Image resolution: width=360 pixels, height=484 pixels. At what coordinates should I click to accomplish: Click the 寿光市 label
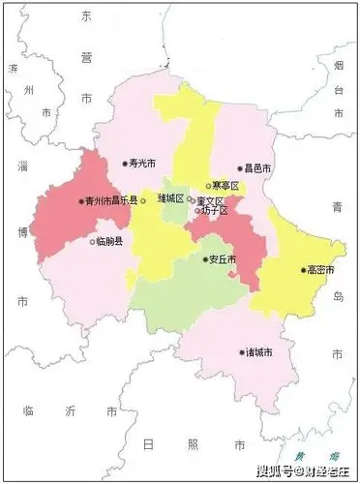142,164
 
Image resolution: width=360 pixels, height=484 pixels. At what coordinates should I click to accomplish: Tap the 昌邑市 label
257,168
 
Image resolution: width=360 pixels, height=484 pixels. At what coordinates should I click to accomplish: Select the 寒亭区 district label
225,186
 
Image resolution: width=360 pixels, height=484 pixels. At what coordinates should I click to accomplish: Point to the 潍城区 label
170,197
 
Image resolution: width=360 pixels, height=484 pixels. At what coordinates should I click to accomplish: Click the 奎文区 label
210,200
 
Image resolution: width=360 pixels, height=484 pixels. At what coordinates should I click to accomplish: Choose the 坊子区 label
213,211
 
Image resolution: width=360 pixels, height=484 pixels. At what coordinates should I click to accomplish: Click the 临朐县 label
109,242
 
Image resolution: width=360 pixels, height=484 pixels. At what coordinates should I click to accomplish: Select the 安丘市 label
223,259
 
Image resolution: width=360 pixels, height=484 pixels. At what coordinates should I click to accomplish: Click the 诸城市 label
259,351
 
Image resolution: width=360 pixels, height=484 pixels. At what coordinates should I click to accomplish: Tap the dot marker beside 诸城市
241,351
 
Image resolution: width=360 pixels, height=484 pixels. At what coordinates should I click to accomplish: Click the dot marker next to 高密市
303,269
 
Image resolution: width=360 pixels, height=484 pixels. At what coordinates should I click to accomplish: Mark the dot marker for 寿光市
125,164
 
